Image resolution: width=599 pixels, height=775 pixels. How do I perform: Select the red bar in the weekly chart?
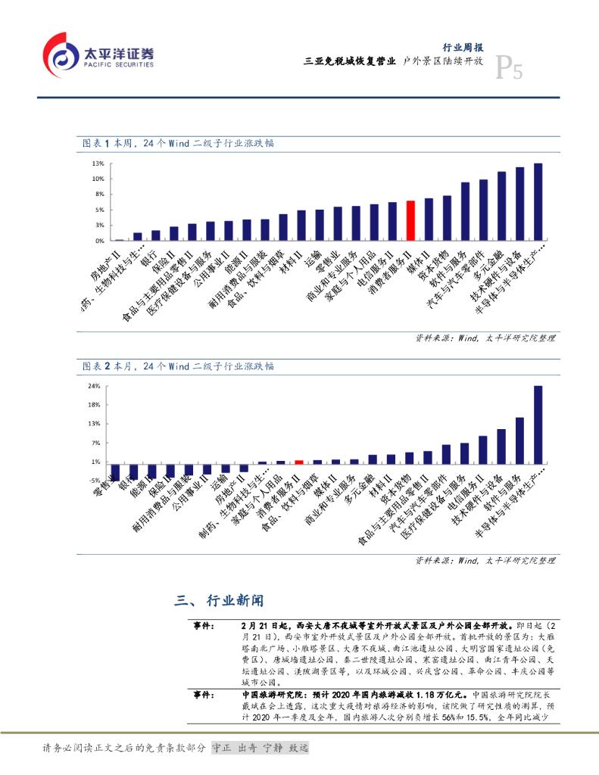410,220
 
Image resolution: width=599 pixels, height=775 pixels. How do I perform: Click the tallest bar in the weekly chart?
538,201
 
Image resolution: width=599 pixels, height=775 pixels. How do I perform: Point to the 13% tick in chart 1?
98,163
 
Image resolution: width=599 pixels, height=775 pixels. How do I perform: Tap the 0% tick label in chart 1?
99,241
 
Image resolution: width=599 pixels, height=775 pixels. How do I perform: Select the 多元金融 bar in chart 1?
501,206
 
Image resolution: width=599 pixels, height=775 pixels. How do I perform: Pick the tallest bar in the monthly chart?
538,424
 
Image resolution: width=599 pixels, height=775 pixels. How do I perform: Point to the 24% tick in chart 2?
95,386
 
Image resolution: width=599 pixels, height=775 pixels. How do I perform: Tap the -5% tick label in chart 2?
95,481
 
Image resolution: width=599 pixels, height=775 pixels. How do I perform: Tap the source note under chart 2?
485,561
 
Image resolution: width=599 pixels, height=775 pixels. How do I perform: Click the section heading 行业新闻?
232,601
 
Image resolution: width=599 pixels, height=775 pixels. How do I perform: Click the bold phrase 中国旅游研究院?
267,694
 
